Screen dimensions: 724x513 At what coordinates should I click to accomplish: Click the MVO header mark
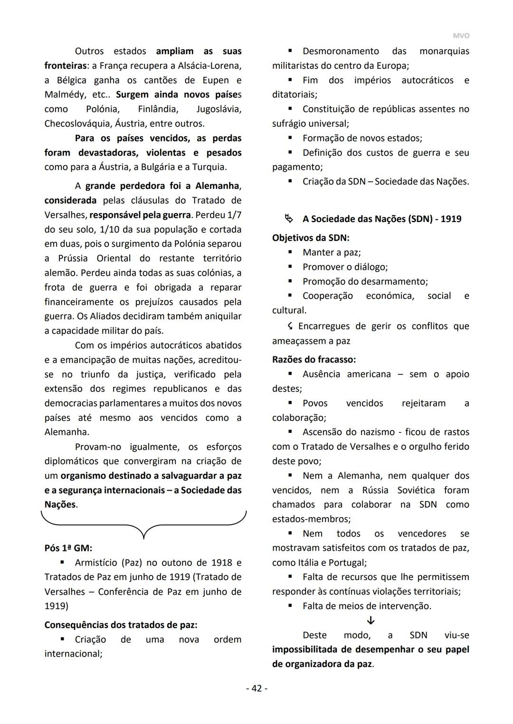coord(461,36)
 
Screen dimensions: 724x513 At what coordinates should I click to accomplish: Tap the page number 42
coord(256,688)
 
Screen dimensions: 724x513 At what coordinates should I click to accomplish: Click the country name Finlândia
coord(158,109)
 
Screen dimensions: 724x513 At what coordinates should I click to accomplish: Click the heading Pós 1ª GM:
coord(68,548)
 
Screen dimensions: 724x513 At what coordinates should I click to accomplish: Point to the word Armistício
coord(96,563)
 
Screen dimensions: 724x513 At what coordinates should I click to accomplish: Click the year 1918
coord(220,563)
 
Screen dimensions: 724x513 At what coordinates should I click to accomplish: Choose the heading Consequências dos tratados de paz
coord(121,625)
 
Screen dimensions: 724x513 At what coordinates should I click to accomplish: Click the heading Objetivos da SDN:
coord(311,238)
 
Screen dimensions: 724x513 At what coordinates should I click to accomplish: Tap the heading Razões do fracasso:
coord(314,360)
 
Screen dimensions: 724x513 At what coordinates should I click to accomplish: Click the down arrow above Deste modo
coord(371,620)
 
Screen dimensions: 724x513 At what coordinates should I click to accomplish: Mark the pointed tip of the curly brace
coord(143,538)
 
